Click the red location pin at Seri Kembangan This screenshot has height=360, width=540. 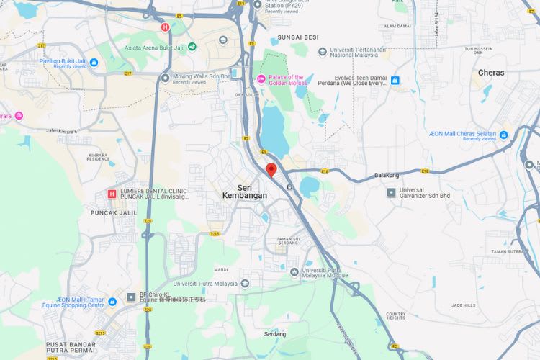[271, 170]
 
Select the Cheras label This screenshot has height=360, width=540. [491, 73]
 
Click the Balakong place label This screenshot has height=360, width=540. [386, 175]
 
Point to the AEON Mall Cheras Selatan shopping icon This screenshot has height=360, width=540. [504, 135]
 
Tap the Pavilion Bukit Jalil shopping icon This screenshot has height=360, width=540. [94, 63]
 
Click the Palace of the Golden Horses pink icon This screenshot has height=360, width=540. [261, 79]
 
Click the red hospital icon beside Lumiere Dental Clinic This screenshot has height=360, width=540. [112, 194]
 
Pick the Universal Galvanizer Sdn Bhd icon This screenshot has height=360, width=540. [391, 192]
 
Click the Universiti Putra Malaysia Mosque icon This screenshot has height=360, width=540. [294, 271]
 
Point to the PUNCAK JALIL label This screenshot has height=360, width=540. [113, 213]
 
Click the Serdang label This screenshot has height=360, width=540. [274, 334]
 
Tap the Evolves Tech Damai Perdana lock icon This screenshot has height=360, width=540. [395, 81]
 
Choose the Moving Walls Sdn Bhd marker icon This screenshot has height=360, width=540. [165, 77]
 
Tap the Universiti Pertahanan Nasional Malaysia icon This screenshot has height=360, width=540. [323, 52]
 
